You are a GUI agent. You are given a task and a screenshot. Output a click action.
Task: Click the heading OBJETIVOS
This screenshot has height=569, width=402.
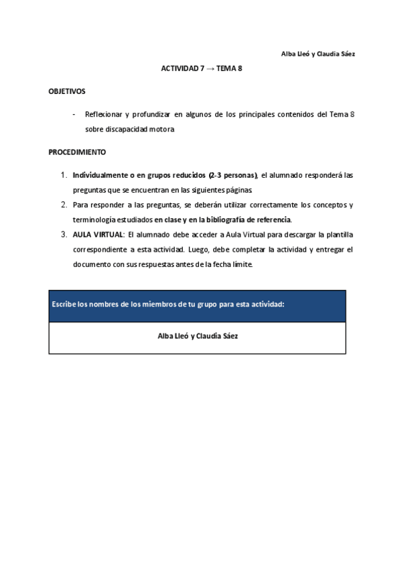[x=67, y=91]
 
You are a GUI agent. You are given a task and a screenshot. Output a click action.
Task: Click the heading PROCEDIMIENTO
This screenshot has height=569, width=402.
[x=77, y=152]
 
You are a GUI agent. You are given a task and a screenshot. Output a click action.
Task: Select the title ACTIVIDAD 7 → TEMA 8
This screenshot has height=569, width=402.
[x=201, y=68]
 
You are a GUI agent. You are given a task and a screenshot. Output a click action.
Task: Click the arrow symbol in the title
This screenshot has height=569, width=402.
[x=210, y=68]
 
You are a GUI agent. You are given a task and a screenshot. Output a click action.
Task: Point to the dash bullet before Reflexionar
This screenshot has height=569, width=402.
[x=74, y=114]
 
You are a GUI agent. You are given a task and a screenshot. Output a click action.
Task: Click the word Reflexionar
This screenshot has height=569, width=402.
[x=105, y=115]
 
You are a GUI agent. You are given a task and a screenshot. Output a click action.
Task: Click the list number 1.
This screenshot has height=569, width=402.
[x=64, y=175]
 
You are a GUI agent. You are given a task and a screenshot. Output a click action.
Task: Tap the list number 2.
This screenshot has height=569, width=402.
[x=64, y=205]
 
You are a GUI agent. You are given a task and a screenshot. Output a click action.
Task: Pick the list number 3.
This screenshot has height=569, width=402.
[x=64, y=234]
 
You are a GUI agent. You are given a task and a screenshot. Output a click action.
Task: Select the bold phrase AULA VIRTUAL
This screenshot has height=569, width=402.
[x=98, y=234]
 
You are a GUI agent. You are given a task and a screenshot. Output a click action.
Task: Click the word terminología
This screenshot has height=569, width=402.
[x=94, y=219]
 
